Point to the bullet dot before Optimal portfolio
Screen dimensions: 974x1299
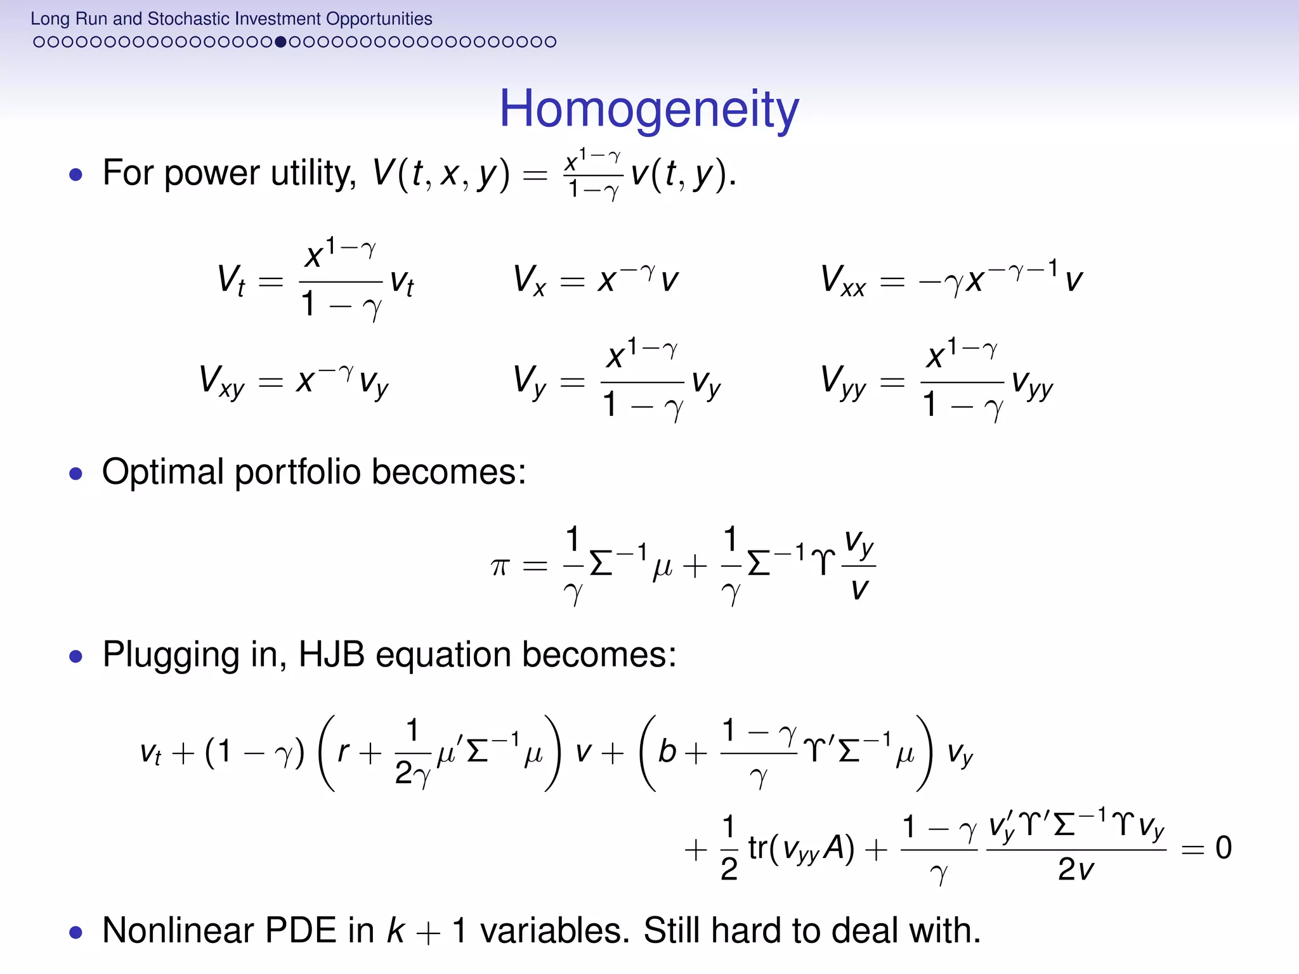pos(76,473)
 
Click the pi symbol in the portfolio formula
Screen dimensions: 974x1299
pos(500,565)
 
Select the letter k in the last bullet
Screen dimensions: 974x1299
pos(396,930)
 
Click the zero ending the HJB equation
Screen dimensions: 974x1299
pos(1224,847)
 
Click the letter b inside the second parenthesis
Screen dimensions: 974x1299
pos(667,752)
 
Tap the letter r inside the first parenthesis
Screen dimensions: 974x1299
pos(343,752)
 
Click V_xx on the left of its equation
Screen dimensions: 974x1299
pos(843,280)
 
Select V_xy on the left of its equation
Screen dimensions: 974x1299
pos(221,381)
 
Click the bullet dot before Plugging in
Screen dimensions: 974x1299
pos(76,656)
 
